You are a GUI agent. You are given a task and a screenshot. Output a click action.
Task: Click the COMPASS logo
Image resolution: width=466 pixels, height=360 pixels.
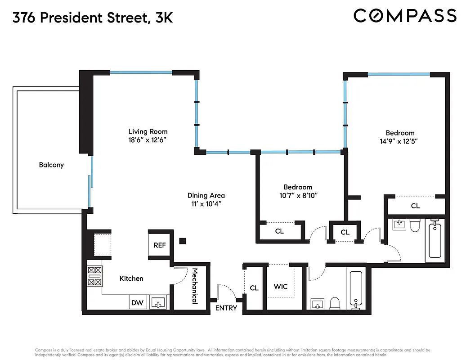click(405, 16)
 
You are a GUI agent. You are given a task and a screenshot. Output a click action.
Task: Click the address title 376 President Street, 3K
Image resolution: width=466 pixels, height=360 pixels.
click(93, 18)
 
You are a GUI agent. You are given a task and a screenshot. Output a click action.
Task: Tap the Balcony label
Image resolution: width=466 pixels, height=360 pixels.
click(51, 165)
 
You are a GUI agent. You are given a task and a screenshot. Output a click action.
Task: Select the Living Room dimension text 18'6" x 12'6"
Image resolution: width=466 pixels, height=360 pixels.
click(148, 139)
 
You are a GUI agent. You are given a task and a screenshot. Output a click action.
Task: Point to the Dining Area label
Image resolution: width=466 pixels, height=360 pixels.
click(206, 195)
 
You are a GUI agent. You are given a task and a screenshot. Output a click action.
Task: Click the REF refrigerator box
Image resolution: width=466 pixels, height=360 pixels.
click(160, 245)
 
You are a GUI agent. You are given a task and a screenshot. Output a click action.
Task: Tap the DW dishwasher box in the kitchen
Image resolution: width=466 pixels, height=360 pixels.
click(137, 302)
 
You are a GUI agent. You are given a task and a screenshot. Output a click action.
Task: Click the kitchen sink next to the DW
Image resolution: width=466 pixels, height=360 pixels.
click(158, 302)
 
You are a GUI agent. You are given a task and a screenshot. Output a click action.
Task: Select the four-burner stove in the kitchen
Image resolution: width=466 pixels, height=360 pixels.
click(94, 276)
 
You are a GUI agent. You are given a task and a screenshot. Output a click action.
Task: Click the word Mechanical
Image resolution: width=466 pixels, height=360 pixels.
click(195, 286)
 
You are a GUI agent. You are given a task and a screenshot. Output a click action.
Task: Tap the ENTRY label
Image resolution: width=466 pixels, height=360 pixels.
click(226, 308)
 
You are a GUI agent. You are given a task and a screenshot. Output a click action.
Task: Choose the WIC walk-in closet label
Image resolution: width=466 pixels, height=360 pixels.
click(281, 287)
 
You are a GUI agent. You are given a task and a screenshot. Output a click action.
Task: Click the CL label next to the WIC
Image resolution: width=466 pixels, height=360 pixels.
click(254, 288)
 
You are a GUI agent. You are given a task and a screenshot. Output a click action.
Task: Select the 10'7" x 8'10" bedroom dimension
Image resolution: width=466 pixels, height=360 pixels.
click(298, 195)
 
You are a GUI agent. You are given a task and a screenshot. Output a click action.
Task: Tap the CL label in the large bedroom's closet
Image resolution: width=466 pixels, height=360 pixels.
click(415, 206)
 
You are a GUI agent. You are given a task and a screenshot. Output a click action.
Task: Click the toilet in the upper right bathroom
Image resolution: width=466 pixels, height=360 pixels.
click(415, 225)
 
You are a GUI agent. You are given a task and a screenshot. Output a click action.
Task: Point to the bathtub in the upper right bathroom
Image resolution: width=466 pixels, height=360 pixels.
click(435, 239)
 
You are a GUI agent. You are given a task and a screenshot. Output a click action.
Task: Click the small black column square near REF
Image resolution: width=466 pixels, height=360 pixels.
click(182, 241)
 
